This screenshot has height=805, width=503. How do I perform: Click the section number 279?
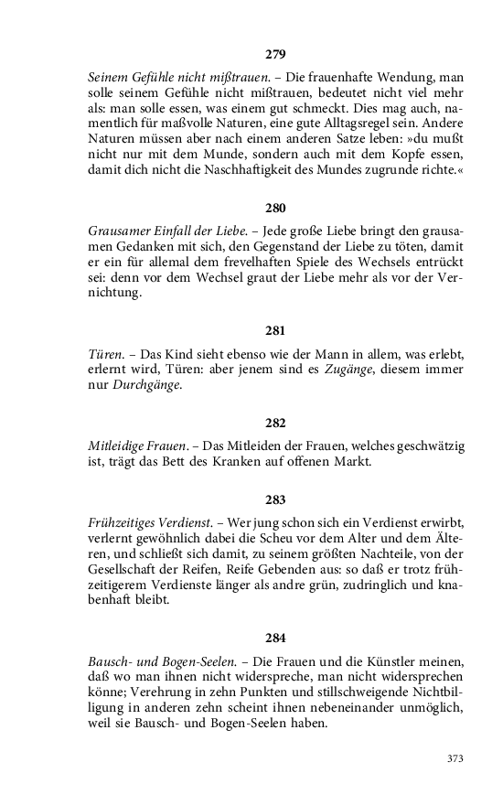pyautogui.click(x=275, y=54)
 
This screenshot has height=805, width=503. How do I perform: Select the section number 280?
pyautogui.click(x=275, y=207)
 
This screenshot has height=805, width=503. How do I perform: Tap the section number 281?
pyautogui.click(x=275, y=329)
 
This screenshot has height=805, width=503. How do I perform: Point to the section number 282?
pyautogui.click(x=275, y=423)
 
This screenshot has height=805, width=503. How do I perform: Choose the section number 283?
pyautogui.click(x=275, y=499)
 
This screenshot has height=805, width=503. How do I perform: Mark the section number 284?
pyautogui.click(x=275, y=637)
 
